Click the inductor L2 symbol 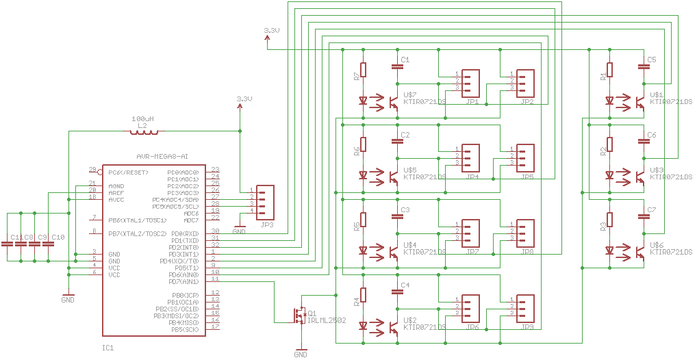(144, 131)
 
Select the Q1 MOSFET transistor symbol (300, 316)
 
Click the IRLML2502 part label (327, 320)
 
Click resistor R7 (364, 70)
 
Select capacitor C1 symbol (397, 66)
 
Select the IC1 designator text (107, 348)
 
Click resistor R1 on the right (610, 70)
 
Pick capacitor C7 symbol (644, 217)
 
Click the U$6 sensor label (657, 244)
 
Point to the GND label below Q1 (301, 354)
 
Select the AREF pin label (116, 193)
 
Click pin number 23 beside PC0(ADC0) (215, 170)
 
